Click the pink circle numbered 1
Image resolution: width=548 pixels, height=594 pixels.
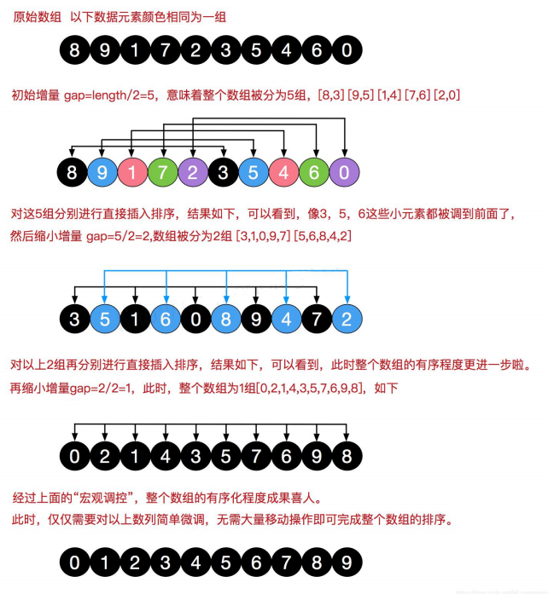[x=134, y=173]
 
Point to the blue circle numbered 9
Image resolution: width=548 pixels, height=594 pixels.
[x=104, y=173]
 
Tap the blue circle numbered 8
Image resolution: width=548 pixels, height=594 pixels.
[x=225, y=320]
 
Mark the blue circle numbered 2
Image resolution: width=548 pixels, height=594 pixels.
[x=346, y=320]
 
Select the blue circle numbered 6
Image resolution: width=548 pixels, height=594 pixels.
[x=165, y=320]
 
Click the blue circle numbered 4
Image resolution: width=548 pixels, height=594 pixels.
[x=285, y=320]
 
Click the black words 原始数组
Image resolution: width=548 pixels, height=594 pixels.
[x=32, y=18]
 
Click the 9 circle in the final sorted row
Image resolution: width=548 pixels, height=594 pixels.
[x=346, y=563]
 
